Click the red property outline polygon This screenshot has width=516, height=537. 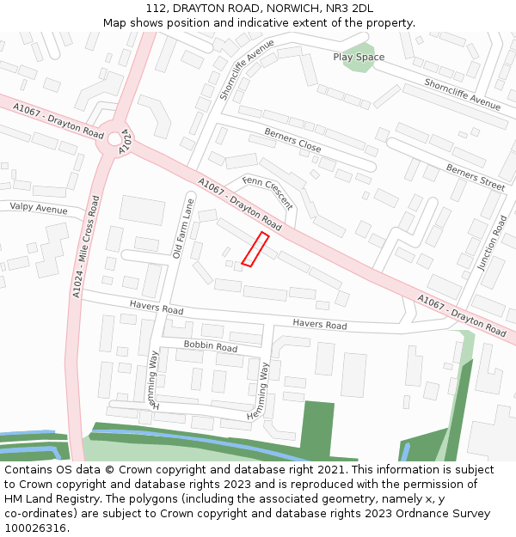point(255,249)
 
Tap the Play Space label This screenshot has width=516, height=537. point(359,58)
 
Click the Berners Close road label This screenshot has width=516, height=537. point(292,142)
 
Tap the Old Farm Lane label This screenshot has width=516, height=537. point(180,229)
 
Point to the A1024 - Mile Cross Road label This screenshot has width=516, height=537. point(83,247)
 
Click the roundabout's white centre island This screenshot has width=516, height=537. point(114,138)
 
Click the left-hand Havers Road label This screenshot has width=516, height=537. point(157,308)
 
